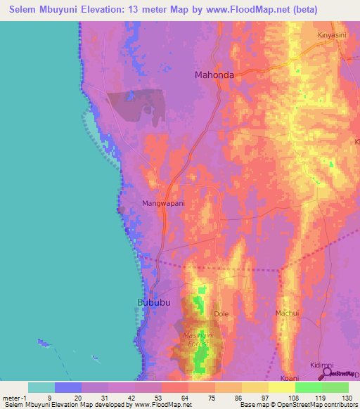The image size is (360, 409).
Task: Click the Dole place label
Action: coord(221,313)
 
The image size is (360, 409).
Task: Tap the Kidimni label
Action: coord(322,365)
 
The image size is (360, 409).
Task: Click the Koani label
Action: coord(290,377)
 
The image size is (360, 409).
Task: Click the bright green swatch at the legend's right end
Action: coord(335,387)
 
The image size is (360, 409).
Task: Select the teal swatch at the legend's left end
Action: coord(41,387)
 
